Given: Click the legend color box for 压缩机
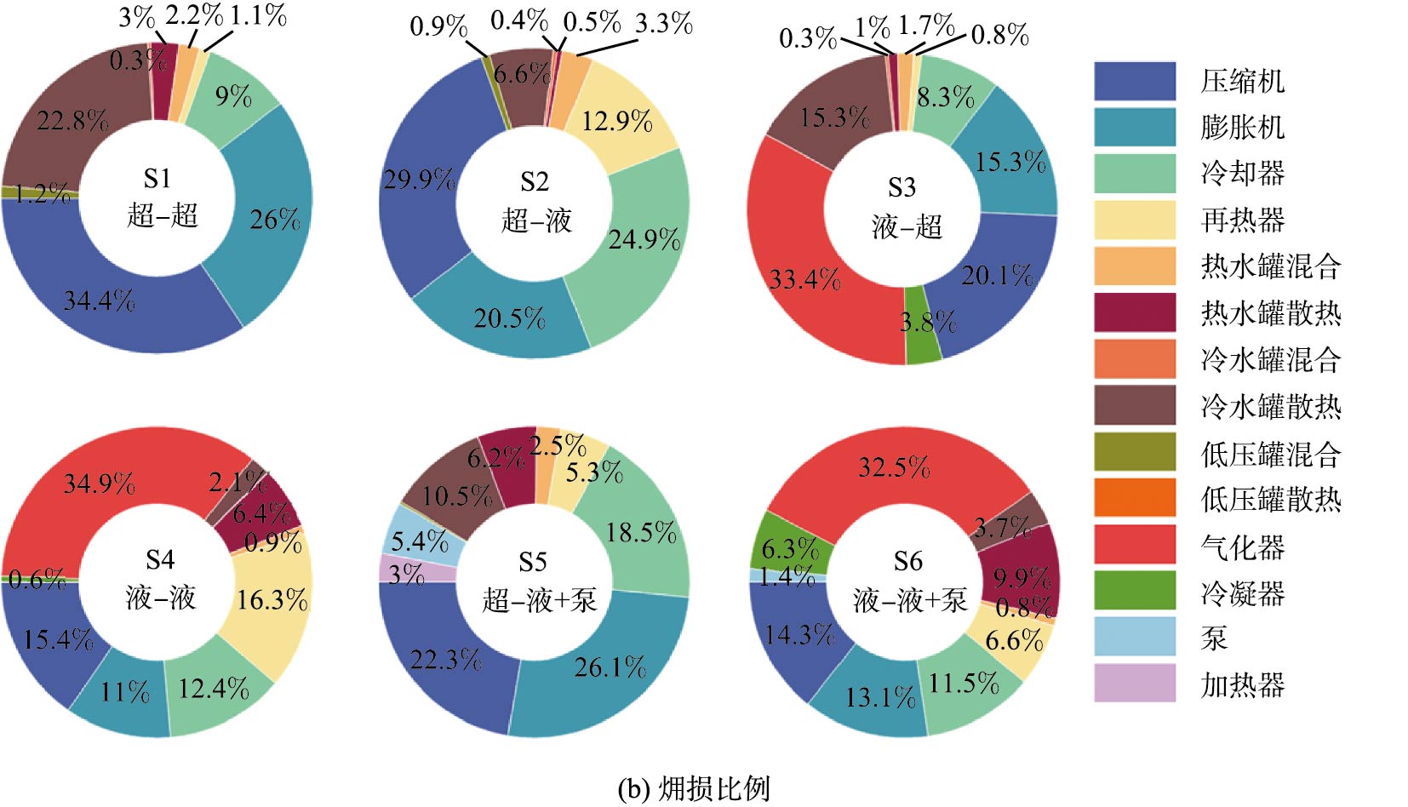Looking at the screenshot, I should click(1134, 81).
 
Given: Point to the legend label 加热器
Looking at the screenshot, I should click(1242, 684).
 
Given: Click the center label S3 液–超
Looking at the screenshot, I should click(906, 208).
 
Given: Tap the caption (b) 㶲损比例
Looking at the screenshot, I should click(694, 788).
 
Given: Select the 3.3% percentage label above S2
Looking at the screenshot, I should click(664, 24).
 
